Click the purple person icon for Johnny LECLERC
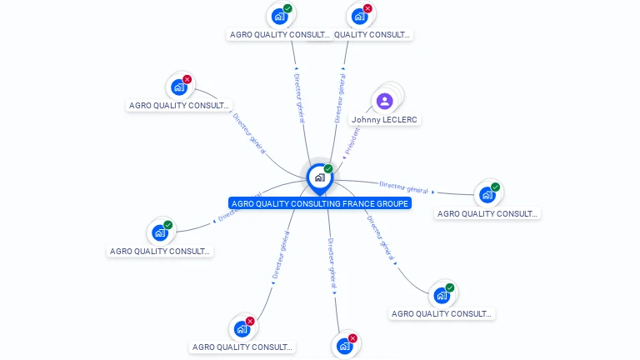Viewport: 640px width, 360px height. coord(384,101)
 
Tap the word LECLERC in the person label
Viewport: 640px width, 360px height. coord(400,120)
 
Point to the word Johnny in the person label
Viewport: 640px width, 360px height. coord(366,120)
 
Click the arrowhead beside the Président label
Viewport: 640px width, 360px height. coord(343,157)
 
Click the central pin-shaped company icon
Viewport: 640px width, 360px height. coord(319,177)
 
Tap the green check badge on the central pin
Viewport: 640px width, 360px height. coord(328,168)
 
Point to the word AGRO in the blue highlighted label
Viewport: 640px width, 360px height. coord(243,203)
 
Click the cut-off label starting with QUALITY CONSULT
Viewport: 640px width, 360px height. coord(372,35)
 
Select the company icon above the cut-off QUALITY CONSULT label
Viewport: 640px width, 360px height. coord(359,16)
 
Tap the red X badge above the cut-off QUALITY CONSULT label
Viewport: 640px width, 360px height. coord(367,8)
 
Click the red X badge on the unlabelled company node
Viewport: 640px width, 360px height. coord(352,338)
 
